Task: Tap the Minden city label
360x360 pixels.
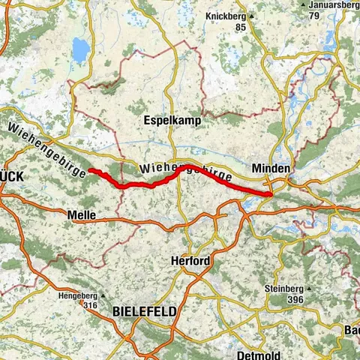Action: pos(271,169)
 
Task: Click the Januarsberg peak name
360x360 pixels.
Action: pos(334,5)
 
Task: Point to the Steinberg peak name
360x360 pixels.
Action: pos(281,289)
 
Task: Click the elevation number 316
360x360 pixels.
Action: pos(91,304)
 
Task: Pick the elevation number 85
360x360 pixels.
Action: pos(239,27)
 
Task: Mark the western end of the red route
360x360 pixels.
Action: pos(91,170)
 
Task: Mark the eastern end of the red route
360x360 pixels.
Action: pos(269,195)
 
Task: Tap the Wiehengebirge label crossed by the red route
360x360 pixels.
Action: pos(184,169)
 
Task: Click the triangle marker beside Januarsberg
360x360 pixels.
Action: pos(301,5)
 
